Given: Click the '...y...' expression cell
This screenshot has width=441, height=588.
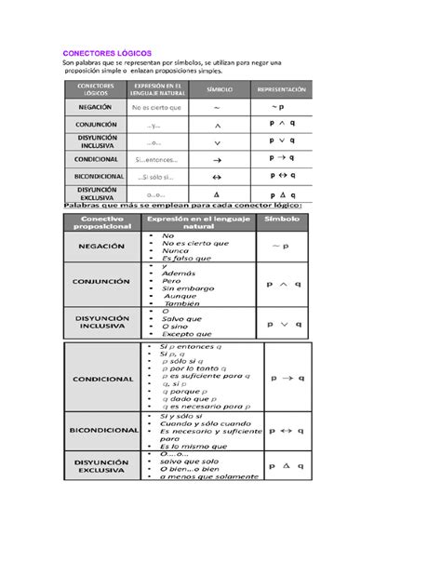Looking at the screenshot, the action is (x=154, y=124).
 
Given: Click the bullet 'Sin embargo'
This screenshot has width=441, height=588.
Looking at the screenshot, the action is (x=184, y=288).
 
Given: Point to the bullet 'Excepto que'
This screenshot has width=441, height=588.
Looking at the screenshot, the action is (x=186, y=334).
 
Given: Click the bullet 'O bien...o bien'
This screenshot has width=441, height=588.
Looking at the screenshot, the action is (x=191, y=468).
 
